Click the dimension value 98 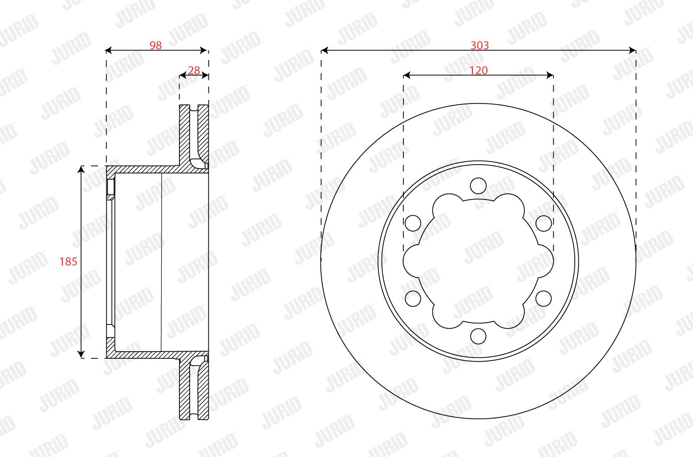click(x=156, y=46)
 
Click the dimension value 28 click(x=194, y=71)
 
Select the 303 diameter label click(x=480, y=46)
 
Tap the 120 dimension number click(x=479, y=71)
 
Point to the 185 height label click(x=68, y=262)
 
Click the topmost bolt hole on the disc click(x=478, y=186)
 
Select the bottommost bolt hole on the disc click(x=478, y=336)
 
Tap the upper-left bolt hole click(x=413, y=223)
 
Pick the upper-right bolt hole click(x=544, y=223)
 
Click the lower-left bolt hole click(x=413, y=299)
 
